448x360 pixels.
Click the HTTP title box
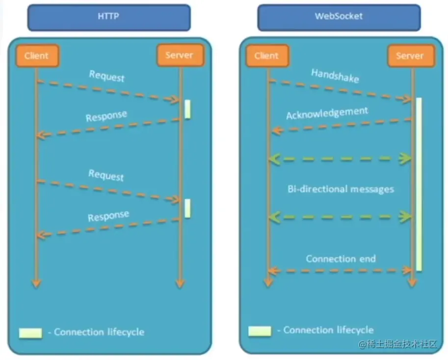[108, 16]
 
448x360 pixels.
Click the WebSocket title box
[339, 16]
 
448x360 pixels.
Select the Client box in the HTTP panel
[37, 55]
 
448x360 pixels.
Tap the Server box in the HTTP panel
[180, 55]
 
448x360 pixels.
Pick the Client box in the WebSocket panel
[266, 55]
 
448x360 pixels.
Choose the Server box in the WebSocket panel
[410, 55]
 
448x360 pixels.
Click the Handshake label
[335, 76]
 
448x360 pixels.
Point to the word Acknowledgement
[327, 113]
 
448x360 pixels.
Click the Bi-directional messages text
[341, 189]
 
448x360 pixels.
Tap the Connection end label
[341, 258]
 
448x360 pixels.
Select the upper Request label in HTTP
[106, 77]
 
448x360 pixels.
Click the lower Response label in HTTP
[108, 216]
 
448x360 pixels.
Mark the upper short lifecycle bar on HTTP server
[187, 109]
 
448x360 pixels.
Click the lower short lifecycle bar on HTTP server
[187, 208]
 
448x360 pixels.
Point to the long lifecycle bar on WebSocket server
[419, 184]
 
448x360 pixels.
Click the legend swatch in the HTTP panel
[30, 333]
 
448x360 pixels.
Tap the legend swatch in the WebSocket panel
[260, 331]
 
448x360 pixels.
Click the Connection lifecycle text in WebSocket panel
[328, 330]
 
